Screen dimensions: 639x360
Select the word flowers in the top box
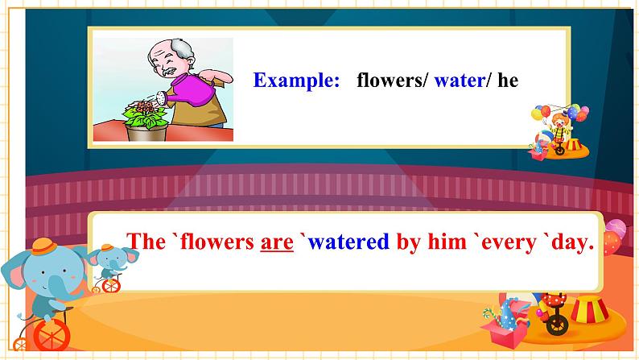click(x=390, y=80)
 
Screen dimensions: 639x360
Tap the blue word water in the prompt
click(x=460, y=81)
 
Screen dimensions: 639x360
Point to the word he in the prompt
click(x=508, y=80)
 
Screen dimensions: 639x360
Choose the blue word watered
click(x=348, y=242)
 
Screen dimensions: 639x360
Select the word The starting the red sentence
click(x=146, y=242)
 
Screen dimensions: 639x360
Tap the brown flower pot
click(x=146, y=133)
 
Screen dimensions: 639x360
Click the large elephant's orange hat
click(x=43, y=246)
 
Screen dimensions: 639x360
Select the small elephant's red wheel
click(x=111, y=286)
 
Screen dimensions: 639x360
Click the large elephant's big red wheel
click(x=52, y=335)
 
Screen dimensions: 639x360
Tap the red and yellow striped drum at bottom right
click(x=589, y=309)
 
